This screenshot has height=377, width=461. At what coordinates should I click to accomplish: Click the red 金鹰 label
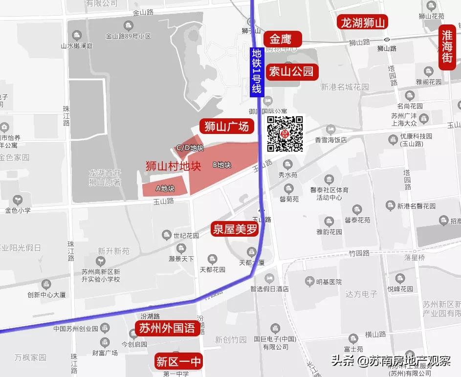(x=283, y=39)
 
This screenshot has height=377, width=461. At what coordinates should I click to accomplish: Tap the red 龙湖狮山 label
(x=363, y=22)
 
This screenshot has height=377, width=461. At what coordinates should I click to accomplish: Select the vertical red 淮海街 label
(x=447, y=48)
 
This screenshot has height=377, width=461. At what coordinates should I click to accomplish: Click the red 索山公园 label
(x=292, y=72)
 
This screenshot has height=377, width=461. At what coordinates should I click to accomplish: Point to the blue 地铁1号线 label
(x=257, y=71)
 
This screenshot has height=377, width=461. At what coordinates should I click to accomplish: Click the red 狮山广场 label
(x=226, y=126)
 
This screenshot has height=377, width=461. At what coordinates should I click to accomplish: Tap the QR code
(x=285, y=134)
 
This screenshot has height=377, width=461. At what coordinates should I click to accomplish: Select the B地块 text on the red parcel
(x=221, y=165)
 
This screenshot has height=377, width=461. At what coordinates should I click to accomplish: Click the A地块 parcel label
(x=165, y=188)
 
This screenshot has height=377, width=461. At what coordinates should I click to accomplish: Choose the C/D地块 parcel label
(x=190, y=148)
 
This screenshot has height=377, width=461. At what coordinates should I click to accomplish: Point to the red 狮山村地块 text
(x=173, y=166)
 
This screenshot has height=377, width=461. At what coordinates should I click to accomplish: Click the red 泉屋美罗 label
(x=235, y=229)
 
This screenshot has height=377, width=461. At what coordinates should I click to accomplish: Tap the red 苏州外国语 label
(x=167, y=328)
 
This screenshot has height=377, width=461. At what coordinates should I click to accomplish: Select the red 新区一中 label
(x=178, y=362)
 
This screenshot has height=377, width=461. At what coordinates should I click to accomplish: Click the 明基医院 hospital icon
(x=309, y=281)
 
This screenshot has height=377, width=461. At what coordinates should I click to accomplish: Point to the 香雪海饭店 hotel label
(x=331, y=140)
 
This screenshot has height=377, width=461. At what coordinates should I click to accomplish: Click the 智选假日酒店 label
(x=269, y=289)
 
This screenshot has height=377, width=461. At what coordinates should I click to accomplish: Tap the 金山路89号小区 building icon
(x=128, y=25)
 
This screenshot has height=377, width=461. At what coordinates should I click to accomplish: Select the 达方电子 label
(x=361, y=294)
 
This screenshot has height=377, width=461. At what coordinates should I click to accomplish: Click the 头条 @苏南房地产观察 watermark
(x=391, y=361)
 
